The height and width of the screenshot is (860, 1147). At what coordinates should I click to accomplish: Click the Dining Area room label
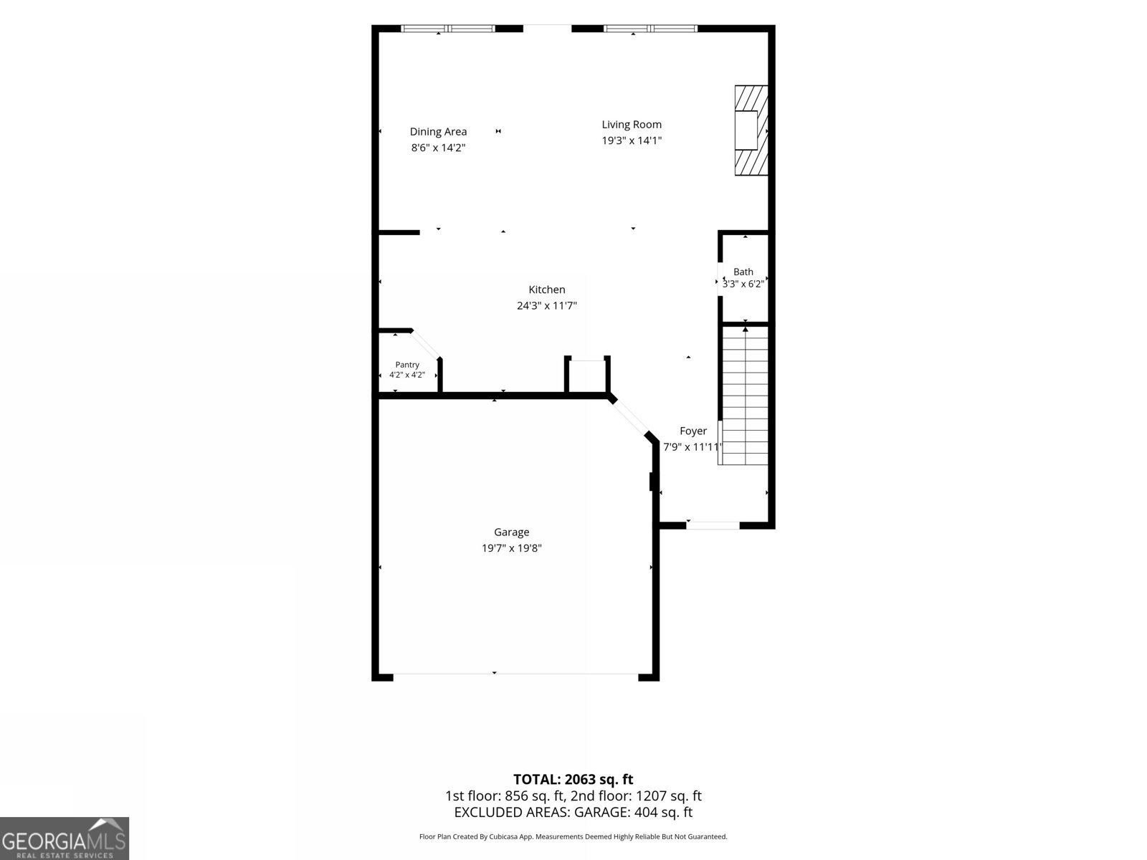click(x=438, y=132)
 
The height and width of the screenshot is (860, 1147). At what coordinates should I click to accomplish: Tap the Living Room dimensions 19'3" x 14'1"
click(x=632, y=140)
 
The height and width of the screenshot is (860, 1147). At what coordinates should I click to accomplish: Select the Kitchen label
click(x=546, y=290)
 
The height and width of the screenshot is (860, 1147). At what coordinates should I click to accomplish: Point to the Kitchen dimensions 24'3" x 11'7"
click(x=546, y=305)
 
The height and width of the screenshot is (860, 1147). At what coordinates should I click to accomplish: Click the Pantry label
click(x=407, y=365)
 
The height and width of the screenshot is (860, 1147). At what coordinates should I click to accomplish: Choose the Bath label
click(x=743, y=272)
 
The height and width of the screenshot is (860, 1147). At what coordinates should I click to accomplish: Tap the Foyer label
click(x=693, y=431)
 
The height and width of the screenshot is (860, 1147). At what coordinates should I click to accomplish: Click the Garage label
click(x=512, y=532)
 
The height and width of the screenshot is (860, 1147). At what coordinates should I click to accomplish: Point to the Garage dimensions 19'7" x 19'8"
click(x=512, y=548)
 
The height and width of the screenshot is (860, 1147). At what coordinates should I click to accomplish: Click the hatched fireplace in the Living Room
click(x=751, y=130)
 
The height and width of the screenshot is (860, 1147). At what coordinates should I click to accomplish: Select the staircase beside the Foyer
click(x=745, y=396)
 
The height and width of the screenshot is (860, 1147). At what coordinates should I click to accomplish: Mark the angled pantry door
click(x=426, y=344)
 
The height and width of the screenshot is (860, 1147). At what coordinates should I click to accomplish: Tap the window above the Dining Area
click(x=448, y=29)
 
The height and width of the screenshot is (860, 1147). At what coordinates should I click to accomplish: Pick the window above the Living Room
click(x=650, y=29)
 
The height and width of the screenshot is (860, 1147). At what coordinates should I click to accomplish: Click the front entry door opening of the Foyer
click(x=713, y=525)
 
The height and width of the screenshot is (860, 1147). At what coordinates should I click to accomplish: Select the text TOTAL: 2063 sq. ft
click(x=573, y=780)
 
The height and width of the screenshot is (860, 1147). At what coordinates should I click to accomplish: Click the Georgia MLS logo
click(x=65, y=838)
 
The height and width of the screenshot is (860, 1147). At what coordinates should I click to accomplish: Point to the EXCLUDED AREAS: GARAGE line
click(x=573, y=813)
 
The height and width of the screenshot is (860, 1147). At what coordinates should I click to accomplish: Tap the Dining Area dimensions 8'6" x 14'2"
click(x=438, y=148)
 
